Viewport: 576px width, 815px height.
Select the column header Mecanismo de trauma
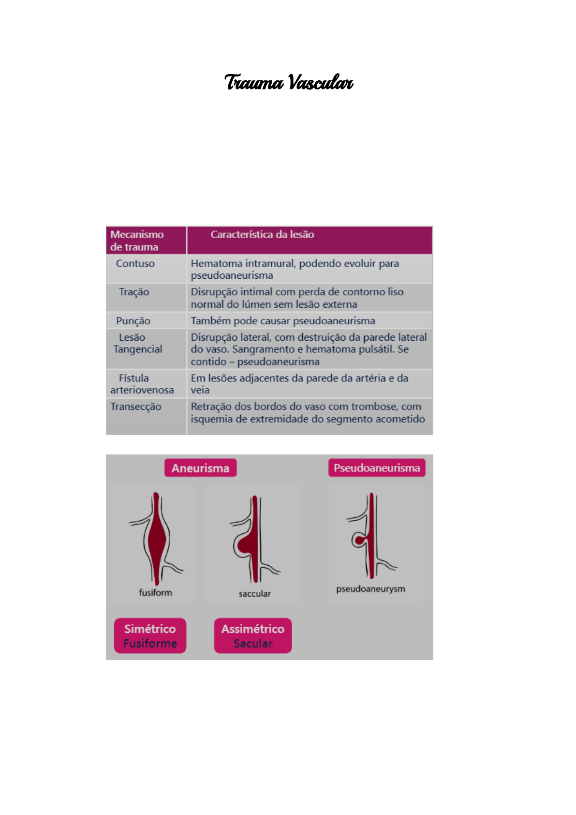pos(137,241)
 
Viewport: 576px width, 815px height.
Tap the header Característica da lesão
pos(262,234)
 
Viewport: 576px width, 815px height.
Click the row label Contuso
pos(135,263)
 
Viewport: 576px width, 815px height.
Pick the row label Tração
pos(134,292)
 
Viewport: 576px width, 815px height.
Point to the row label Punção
pos(133,320)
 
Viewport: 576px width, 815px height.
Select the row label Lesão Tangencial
pos(137,343)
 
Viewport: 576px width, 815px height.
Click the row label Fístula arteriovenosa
pos(142,384)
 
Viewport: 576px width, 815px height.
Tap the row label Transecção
pos(135,407)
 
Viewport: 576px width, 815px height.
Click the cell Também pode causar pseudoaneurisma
pos(283,320)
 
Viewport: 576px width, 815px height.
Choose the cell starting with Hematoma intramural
pos(295,269)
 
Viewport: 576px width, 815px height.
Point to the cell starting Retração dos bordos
pos(308,413)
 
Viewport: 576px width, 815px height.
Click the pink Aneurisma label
pos(200,468)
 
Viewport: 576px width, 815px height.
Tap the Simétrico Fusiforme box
pos(150,635)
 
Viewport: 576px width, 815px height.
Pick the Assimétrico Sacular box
pos(253,635)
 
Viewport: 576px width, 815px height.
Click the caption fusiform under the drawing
pos(155,592)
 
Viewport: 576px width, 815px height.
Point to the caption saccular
pos(254,594)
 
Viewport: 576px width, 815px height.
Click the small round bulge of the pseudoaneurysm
pos(358,540)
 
